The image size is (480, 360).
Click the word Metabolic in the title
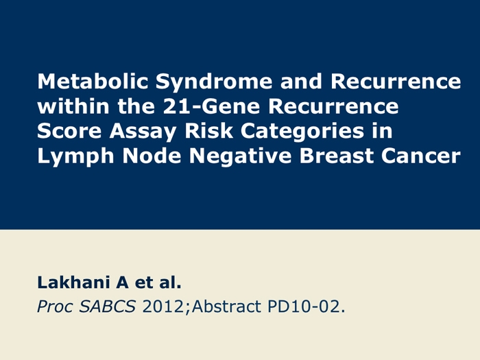point(93,81)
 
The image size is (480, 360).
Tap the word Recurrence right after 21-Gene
point(333,106)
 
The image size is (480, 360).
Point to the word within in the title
point(73,106)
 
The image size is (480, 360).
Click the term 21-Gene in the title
point(211,106)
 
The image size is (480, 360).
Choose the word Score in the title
point(69,131)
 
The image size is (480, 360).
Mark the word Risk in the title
point(208,130)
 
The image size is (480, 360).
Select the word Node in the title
point(152,156)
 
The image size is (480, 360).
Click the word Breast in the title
point(336,156)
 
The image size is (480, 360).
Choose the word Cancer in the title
point(420,156)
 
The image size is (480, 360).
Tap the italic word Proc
point(55,307)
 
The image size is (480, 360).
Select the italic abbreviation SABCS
point(107,307)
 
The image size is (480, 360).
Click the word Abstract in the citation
point(226,307)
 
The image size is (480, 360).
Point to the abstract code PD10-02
point(306,307)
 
